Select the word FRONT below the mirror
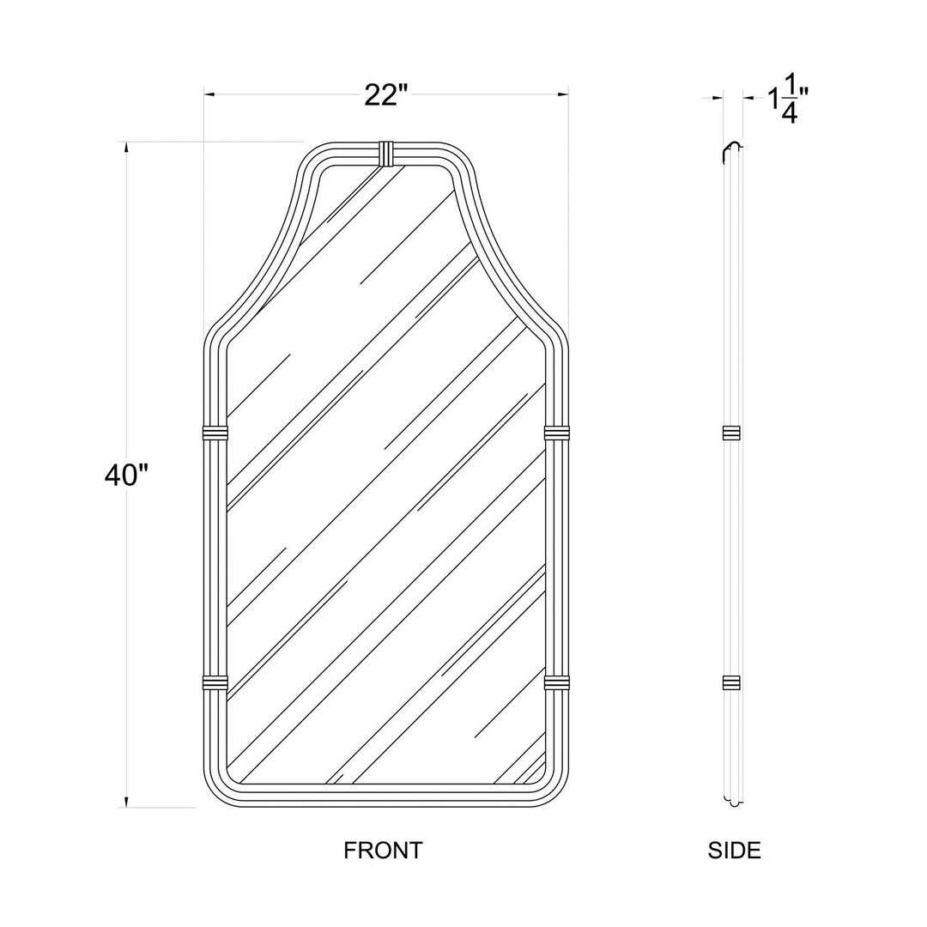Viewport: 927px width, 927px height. click(383, 851)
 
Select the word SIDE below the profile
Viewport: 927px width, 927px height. click(734, 851)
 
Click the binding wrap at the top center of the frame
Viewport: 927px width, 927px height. click(388, 153)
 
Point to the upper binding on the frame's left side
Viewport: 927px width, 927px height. click(215, 433)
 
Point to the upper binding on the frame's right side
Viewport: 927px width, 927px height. click(557, 433)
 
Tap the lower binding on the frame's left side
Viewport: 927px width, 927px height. click(215, 683)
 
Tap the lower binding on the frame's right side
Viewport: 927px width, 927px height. click(557, 683)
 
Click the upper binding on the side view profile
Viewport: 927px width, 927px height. click(731, 433)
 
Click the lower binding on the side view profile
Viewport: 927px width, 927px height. click(731, 683)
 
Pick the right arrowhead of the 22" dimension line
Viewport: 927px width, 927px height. click(564, 94)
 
